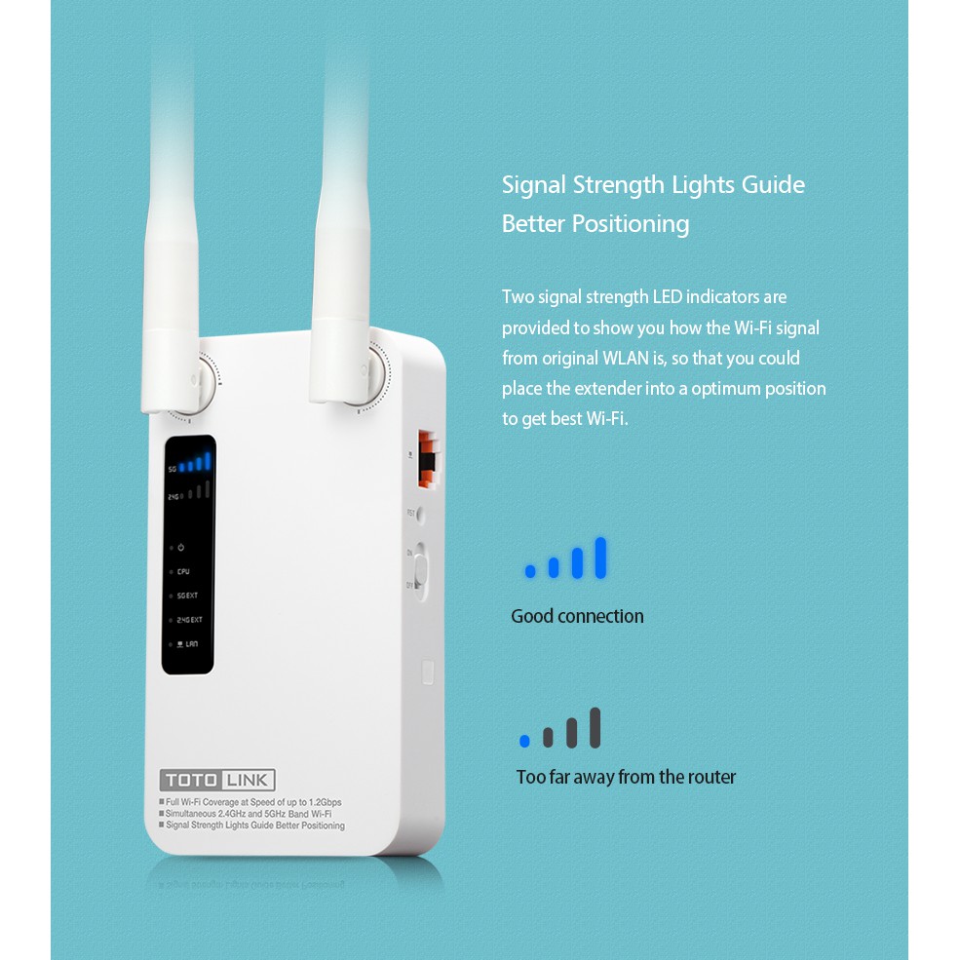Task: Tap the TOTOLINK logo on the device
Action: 217,780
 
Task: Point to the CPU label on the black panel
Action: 183,572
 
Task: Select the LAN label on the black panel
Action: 190,643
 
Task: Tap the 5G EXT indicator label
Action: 188,595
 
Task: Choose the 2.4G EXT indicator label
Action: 189,620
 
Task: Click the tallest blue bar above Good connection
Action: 600,557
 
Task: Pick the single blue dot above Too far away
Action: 524,742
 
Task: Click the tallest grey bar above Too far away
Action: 595,728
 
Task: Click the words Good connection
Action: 577,616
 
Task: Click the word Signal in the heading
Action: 533,185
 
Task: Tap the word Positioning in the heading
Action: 630,224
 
